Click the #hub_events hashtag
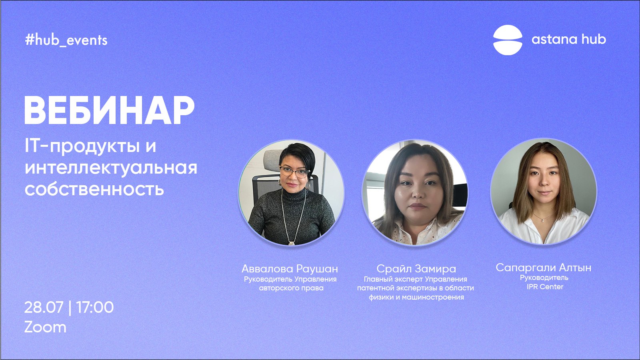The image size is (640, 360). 66,40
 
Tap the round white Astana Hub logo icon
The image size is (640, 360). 508,40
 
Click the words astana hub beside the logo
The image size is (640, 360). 568,39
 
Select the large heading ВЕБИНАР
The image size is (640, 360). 110,110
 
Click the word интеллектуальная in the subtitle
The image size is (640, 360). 111,168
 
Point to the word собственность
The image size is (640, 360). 94,189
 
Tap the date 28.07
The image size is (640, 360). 44,308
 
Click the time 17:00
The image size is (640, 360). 95,308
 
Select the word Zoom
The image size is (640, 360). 45,328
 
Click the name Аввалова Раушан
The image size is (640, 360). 290,268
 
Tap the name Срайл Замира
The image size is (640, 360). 416,268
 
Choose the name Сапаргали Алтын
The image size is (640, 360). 544,268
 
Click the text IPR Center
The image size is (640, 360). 545,286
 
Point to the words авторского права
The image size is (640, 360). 291,288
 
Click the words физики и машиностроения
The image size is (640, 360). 416,297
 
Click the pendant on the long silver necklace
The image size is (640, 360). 292,243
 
